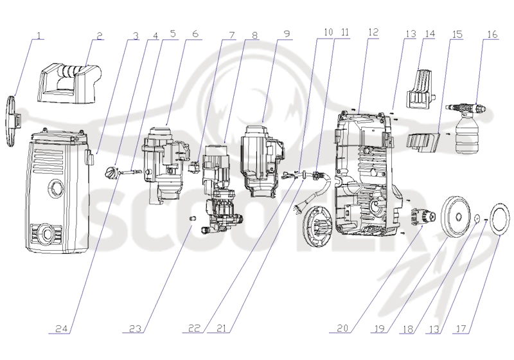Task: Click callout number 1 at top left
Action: (x=39, y=35)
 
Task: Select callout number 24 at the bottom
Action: (x=62, y=328)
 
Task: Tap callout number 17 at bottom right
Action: (x=461, y=329)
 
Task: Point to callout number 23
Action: (x=135, y=328)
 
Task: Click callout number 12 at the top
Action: (x=373, y=32)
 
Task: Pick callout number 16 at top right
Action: (x=492, y=34)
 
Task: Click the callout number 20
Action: (x=342, y=328)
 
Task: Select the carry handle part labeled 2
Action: (x=69, y=83)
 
